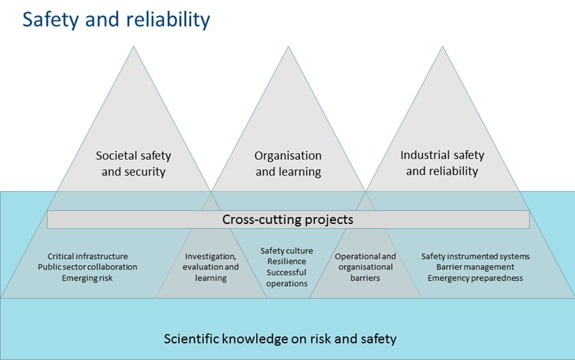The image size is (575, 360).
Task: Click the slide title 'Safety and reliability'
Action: pyautogui.click(x=116, y=19)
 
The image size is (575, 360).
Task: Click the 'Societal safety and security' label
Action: pyautogui.click(x=133, y=164)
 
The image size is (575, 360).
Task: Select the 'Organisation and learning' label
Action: pyautogui.click(x=288, y=164)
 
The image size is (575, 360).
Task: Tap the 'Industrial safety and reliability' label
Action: pyautogui.click(x=442, y=163)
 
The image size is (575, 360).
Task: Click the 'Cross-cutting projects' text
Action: pyautogui.click(x=287, y=219)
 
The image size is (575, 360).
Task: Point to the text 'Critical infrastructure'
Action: pyautogui.click(x=88, y=257)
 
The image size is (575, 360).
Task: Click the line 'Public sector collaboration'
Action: pyautogui.click(x=88, y=267)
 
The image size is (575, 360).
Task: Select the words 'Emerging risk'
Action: pyautogui.click(x=88, y=278)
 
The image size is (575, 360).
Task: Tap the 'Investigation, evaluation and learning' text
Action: pyautogui.click(x=211, y=268)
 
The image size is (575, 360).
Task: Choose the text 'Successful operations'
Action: pyautogui.click(x=287, y=278)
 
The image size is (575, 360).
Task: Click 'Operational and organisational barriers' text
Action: pyautogui.click(x=366, y=267)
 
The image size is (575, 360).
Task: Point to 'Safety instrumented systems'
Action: pyautogui.click(x=476, y=257)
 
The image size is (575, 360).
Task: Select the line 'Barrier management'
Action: pyautogui.click(x=476, y=267)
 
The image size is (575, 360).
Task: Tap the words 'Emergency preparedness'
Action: pyautogui.click(x=476, y=278)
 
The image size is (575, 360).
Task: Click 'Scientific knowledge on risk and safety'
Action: pyautogui.click(x=280, y=338)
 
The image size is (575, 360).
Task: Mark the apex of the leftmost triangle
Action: pyautogui.click(x=133, y=47)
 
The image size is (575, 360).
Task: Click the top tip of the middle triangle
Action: pyautogui.click(x=287, y=47)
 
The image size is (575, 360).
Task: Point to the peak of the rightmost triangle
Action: pyautogui.click(x=442, y=47)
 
